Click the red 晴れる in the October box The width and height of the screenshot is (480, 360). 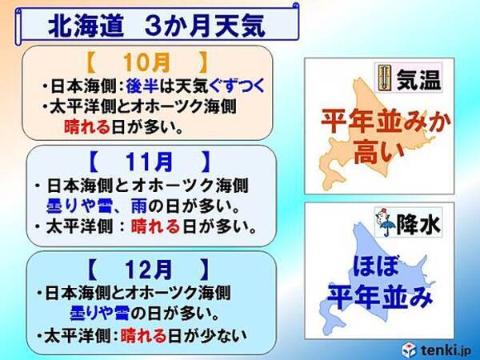pos(86,125)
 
